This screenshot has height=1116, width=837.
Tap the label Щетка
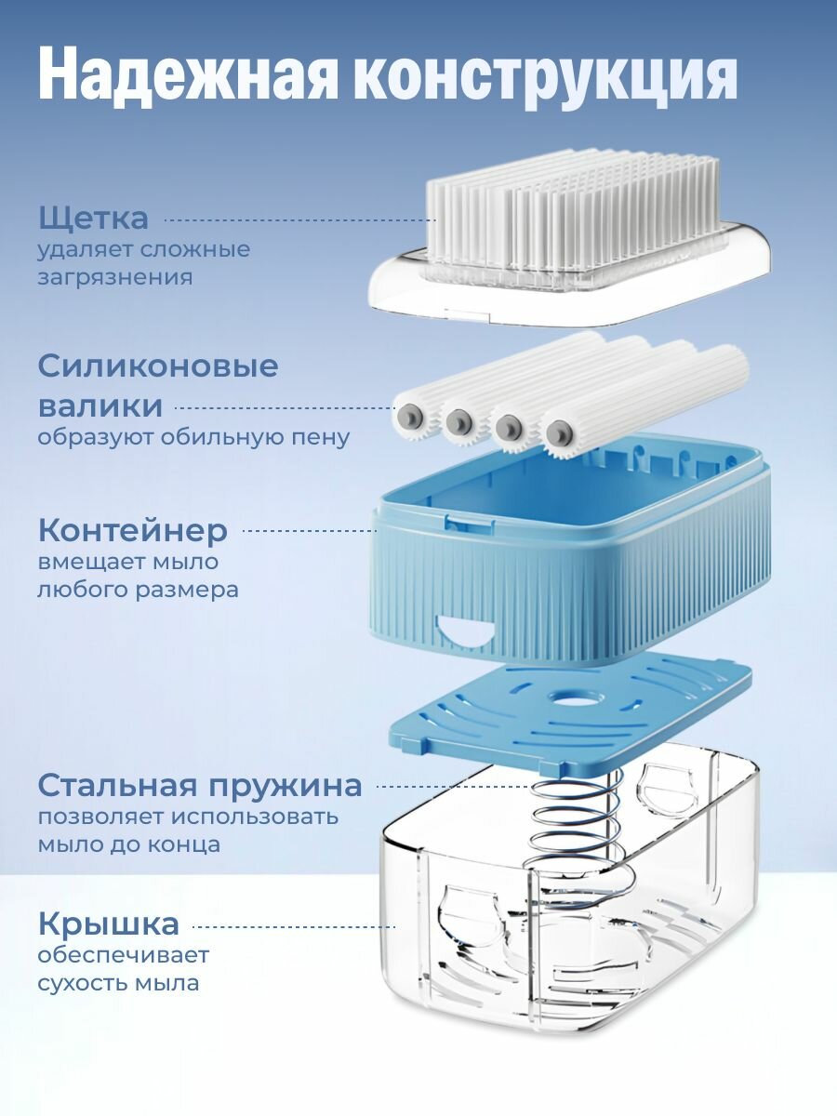[93, 219]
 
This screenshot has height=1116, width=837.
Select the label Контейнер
[133, 531]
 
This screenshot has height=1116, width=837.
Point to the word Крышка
[109, 924]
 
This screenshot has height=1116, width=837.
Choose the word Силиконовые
[158, 365]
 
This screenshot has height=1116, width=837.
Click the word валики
[100, 406]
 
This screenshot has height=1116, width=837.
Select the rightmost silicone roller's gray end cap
[558, 432]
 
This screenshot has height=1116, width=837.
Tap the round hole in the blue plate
[571, 697]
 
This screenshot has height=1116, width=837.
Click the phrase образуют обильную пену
[193, 438]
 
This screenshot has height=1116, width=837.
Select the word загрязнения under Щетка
[115, 277]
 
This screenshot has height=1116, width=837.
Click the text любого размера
[138, 590]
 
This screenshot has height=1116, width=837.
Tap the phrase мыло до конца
[129, 844]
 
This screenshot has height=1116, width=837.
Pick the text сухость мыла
[118, 983]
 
